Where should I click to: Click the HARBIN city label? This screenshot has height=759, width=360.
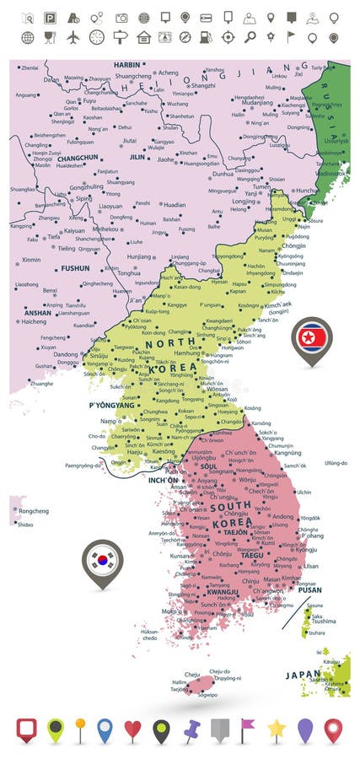tap(126, 64)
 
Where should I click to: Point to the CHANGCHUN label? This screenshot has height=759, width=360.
tap(56, 158)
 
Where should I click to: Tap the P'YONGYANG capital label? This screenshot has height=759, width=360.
tap(111, 406)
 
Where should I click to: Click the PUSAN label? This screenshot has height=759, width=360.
tap(309, 591)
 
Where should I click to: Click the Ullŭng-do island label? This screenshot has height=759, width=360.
tap(336, 462)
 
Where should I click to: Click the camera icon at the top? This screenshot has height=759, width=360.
tap(121, 17)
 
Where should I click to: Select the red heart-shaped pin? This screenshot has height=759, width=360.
tap(132, 729)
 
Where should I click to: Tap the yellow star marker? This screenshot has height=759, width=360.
tap(276, 729)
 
